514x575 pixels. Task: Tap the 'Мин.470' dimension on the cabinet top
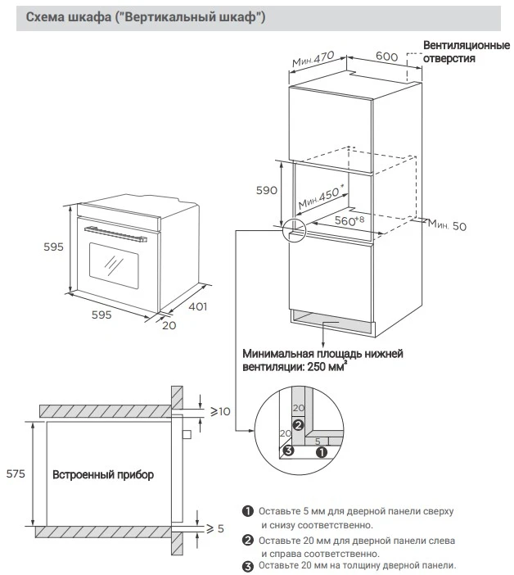(x=313, y=60)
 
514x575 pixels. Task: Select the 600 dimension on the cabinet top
(x=386, y=57)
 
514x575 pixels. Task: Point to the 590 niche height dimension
(x=268, y=190)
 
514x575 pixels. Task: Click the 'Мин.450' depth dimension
(x=320, y=197)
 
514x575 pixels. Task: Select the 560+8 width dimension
(x=348, y=221)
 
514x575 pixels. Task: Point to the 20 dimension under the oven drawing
(x=169, y=324)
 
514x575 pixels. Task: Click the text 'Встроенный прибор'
(x=103, y=474)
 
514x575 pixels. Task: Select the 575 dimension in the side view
(x=15, y=473)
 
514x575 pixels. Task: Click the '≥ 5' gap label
(x=215, y=529)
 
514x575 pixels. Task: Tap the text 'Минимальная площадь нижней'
(x=322, y=354)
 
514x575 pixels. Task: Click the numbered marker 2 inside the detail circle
(x=299, y=425)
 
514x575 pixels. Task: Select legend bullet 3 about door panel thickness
(x=247, y=565)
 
